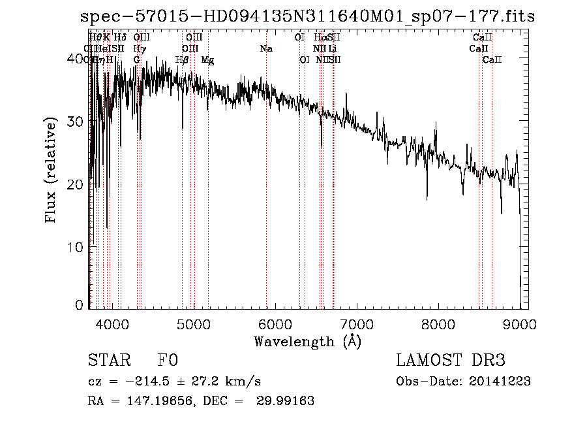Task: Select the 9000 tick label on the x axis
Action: [519, 325]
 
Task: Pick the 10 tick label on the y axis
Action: [76, 248]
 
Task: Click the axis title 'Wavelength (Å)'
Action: [307, 341]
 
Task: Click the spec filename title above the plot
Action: [307, 16]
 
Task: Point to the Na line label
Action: [266, 49]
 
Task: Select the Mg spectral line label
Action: [207, 60]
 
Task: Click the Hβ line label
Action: [182, 60]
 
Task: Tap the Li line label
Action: [333, 49]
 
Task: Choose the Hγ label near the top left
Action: [139, 49]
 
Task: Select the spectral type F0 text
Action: [168, 361]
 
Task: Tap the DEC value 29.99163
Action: [288, 401]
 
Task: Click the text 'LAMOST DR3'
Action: [451, 361]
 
